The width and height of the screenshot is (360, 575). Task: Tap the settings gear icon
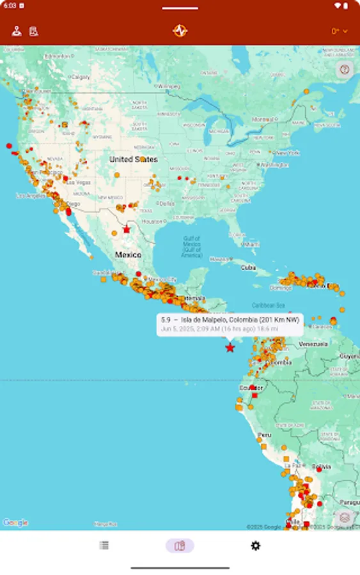coord(255,546)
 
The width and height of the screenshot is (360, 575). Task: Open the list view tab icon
coord(104,546)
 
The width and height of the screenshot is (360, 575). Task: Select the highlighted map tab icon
coord(180,546)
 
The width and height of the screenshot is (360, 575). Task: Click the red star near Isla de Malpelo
coord(230,348)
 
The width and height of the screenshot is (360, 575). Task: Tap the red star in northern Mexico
coord(127,229)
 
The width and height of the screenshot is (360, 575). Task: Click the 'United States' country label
coord(133,159)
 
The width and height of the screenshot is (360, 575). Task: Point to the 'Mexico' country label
coord(128,254)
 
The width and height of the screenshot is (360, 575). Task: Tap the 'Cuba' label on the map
coord(248,268)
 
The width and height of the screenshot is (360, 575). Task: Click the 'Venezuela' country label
coord(313,344)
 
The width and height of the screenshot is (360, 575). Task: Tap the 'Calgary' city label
coord(81,77)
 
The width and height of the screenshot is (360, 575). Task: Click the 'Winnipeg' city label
coord(169,86)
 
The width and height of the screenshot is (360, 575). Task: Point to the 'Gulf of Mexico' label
coord(192,247)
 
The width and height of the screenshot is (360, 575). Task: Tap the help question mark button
coord(345,70)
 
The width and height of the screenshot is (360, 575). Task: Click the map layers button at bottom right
coord(345,517)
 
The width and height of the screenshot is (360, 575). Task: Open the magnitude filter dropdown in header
coord(339,31)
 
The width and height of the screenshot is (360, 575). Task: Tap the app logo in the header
coord(180,31)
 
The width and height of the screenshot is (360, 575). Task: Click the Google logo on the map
coord(15,523)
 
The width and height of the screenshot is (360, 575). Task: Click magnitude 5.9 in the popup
coord(166,319)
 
